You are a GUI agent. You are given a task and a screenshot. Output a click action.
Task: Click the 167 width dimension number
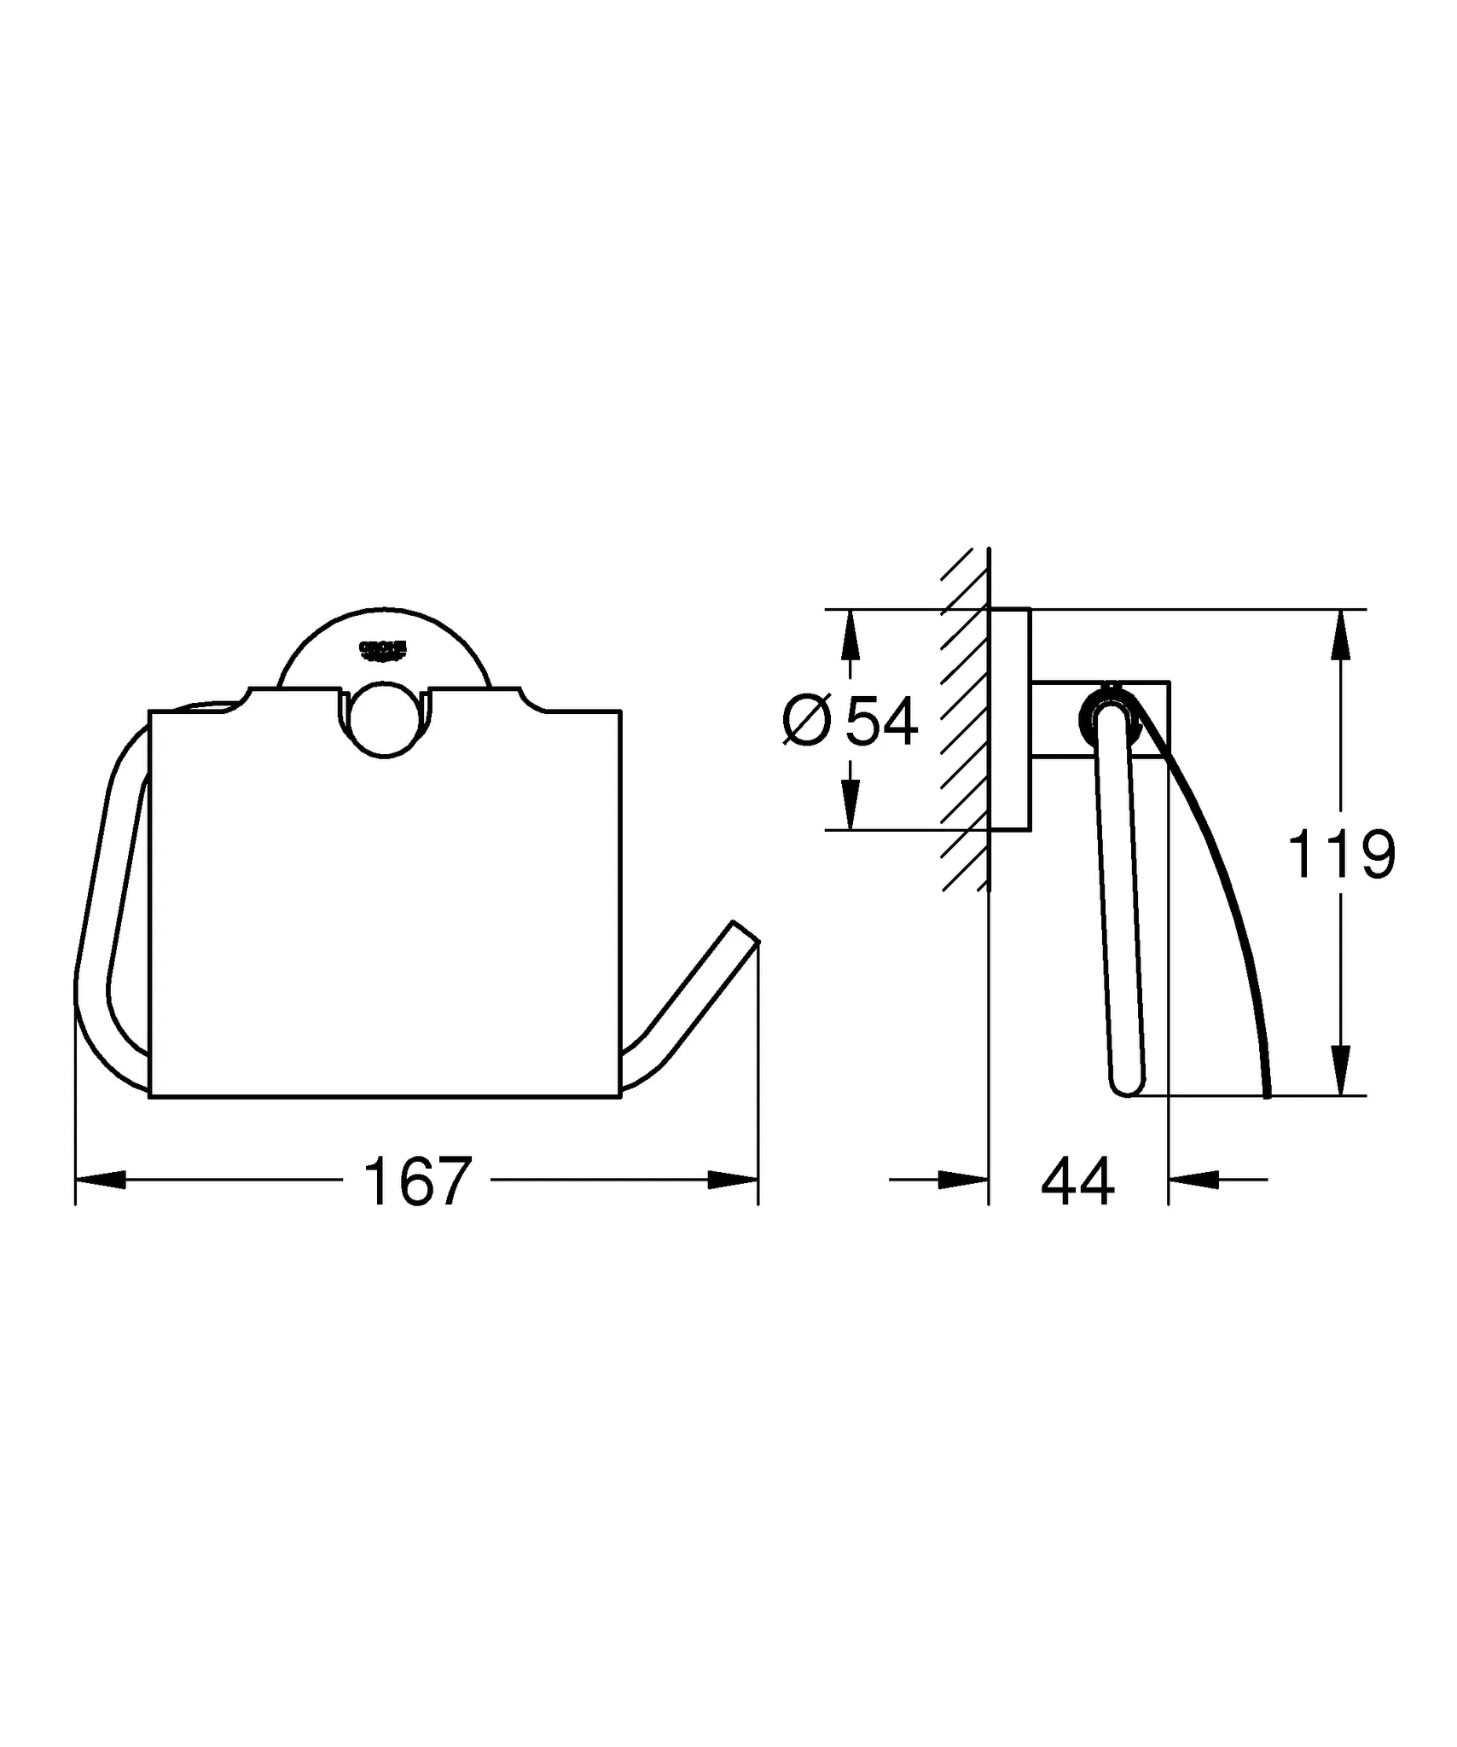pos(417,1182)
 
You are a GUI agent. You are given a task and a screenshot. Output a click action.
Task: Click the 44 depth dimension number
pos(1077,1182)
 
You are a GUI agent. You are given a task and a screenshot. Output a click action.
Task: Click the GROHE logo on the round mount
pos(384,650)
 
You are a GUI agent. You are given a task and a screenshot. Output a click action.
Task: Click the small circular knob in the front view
pos(385,719)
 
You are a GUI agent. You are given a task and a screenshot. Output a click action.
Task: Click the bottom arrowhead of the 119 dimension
pos(1342,1072)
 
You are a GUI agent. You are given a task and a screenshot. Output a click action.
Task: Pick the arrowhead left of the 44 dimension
pos(964,1180)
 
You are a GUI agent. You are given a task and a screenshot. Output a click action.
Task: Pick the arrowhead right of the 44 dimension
pos(1193,1180)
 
